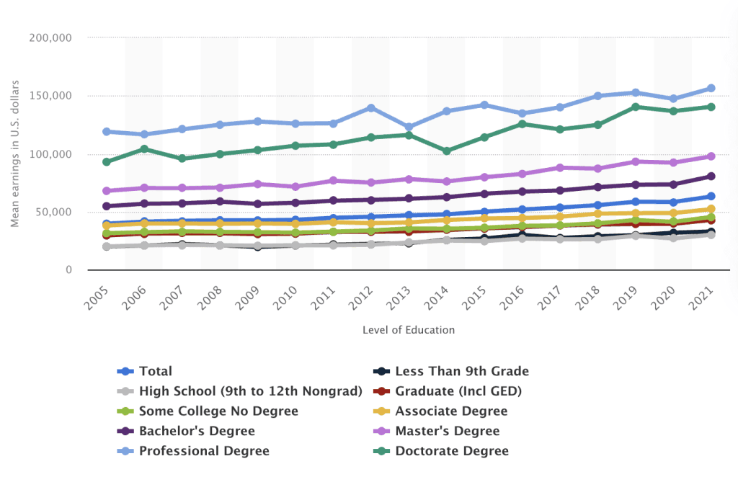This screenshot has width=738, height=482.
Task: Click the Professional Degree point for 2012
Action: pyautogui.click(x=371, y=108)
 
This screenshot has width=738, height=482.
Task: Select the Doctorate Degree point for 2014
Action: pyautogui.click(x=447, y=151)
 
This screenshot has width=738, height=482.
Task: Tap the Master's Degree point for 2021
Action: pyautogui.click(x=711, y=156)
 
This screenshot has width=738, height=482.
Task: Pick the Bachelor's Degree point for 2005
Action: pyautogui.click(x=107, y=206)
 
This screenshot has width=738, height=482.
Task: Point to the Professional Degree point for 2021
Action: pyautogui.click(x=711, y=89)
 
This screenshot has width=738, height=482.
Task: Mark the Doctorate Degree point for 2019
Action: pyautogui.click(x=635, y=107)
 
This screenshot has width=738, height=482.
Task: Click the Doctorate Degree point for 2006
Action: pyautogui.click(x=145, y=149)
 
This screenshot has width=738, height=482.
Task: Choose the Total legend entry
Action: pyautogui.click(x=156, y=372)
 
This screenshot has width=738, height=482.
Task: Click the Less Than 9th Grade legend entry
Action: pyautogui.click(x=461, y=372)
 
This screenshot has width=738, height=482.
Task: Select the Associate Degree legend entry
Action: pyautogui.click(x=451, y=411)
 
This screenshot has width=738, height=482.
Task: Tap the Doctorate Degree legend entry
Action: pyautogui.click(x=452, y=451)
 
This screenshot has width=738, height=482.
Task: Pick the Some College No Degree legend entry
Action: pyautogui.click(x=218, y=411)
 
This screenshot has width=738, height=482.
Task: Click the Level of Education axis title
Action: pyautogui.click(x=409, y=330)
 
